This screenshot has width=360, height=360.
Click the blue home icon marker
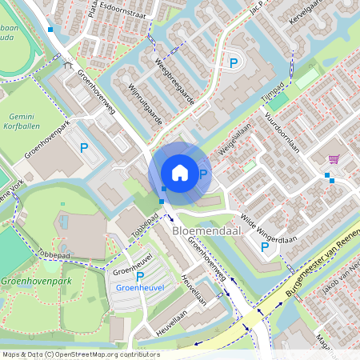coord(180,173)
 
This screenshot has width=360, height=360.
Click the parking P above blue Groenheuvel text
coord(140,277)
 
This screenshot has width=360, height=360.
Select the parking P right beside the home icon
coord(203,174)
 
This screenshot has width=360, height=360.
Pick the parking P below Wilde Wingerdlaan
coord(265,246)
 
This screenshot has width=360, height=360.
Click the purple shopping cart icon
coord(333,158)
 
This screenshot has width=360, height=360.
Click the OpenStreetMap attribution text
coord(80,354)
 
